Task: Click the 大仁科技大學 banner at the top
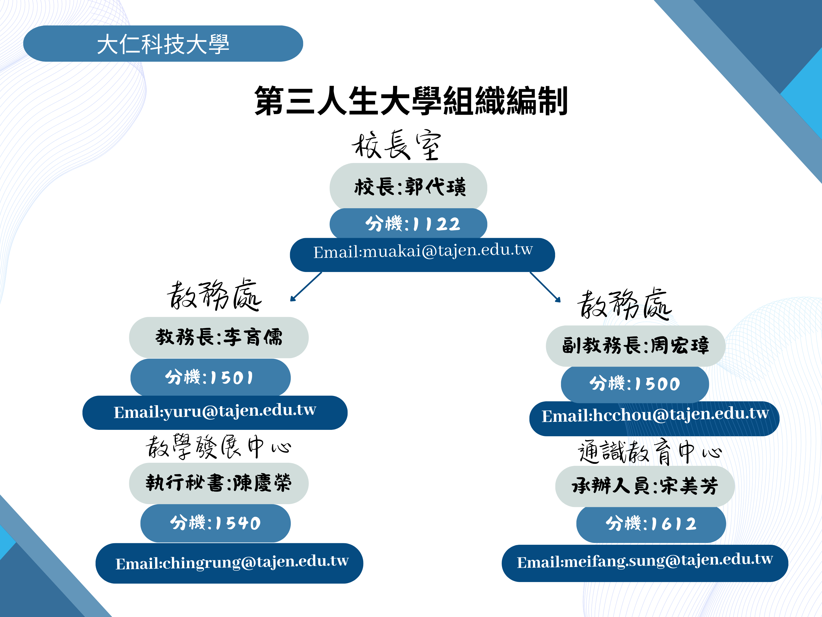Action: click(163, 43)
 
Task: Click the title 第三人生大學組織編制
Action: click(411, 101)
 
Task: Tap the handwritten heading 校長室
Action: click(397, 145)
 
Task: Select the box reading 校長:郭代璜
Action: click(408, 186)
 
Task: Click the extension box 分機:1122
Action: click(408, 223)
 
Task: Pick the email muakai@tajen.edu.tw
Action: click(423, 255)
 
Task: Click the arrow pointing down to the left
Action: click(306, 287)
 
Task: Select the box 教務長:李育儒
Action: click(219, 337)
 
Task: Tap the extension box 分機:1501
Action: click(210, 377)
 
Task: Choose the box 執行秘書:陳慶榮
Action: click(219, 483)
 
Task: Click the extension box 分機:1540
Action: click(216, 523)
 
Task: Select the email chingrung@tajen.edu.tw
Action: click(229, 563)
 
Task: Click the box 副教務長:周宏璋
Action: click(636, 346)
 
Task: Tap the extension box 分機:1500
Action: click(635, 384)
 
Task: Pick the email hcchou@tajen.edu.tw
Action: click(655, 418)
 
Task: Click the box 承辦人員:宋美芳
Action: click(645, 486)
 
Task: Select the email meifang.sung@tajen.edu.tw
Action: click(645, 563)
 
